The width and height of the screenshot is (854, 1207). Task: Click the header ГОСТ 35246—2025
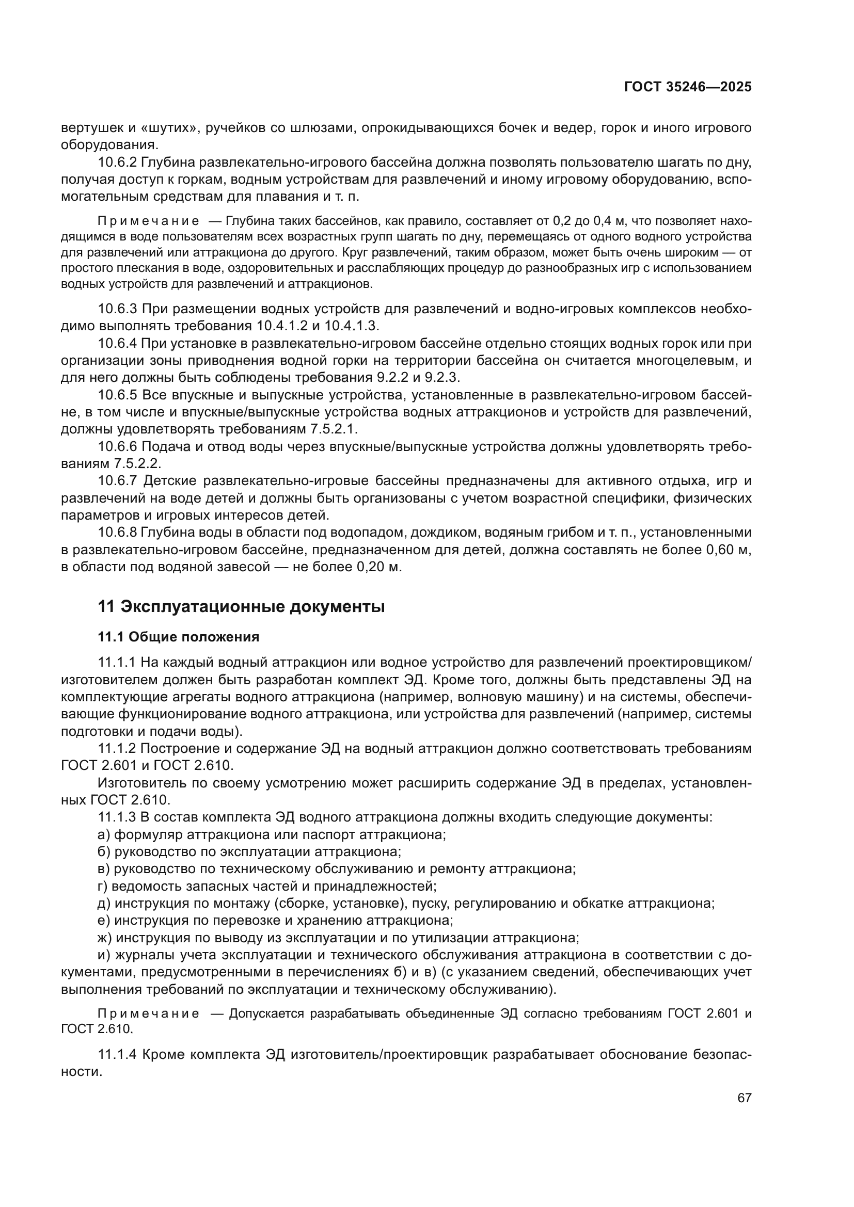[688, 87]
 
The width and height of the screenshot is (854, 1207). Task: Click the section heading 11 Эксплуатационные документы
[241, 606]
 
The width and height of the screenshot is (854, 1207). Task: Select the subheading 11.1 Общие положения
[178, 637]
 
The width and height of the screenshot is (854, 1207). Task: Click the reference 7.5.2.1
[334, 429]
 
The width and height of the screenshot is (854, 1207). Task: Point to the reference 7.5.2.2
[137, 464]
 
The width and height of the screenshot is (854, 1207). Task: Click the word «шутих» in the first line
[170, 128]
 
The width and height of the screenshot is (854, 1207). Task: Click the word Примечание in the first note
[149, 221]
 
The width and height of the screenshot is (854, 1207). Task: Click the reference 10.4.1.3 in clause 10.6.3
[351, 326]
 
